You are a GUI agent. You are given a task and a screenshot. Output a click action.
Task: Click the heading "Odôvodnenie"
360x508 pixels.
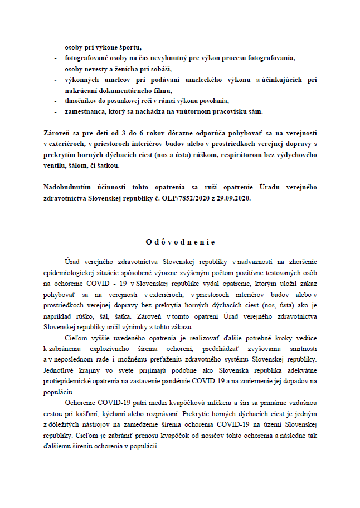tap(180, 242)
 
